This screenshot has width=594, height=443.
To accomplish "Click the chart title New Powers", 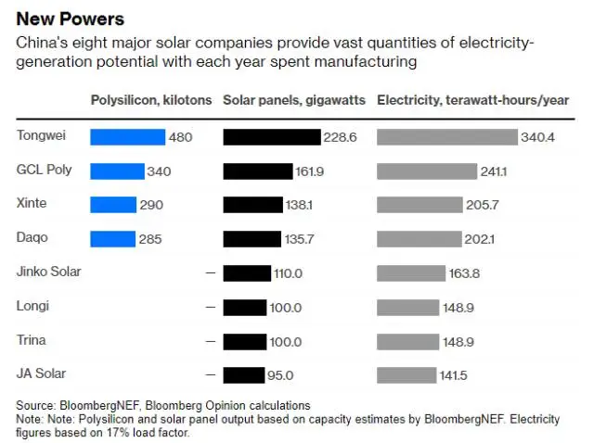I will (x=71, y=19).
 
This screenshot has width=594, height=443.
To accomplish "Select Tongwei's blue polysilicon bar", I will (x=127, y=137).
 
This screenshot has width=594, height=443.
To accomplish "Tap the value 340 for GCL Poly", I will (x=159, y=171).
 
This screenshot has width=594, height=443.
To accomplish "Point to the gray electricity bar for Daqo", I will (x=419, y=239).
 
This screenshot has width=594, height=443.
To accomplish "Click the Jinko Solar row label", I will (x=49, y=272).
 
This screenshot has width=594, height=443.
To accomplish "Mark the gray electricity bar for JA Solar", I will (x=407, y=374).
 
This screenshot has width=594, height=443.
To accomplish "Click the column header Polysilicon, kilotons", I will (x=150, y=100).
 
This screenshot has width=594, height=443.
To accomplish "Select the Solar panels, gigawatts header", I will (x=294, y=100).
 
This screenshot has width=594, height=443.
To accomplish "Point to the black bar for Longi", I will (x=245, y=307).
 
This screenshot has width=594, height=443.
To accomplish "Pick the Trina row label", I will (x=32, y=339).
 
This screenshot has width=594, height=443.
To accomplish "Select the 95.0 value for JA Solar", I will (x=280, y=375).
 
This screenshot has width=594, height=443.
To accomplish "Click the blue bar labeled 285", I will (x=112, y=239).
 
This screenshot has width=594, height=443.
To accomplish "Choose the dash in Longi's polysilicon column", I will (x=210, y=307).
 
